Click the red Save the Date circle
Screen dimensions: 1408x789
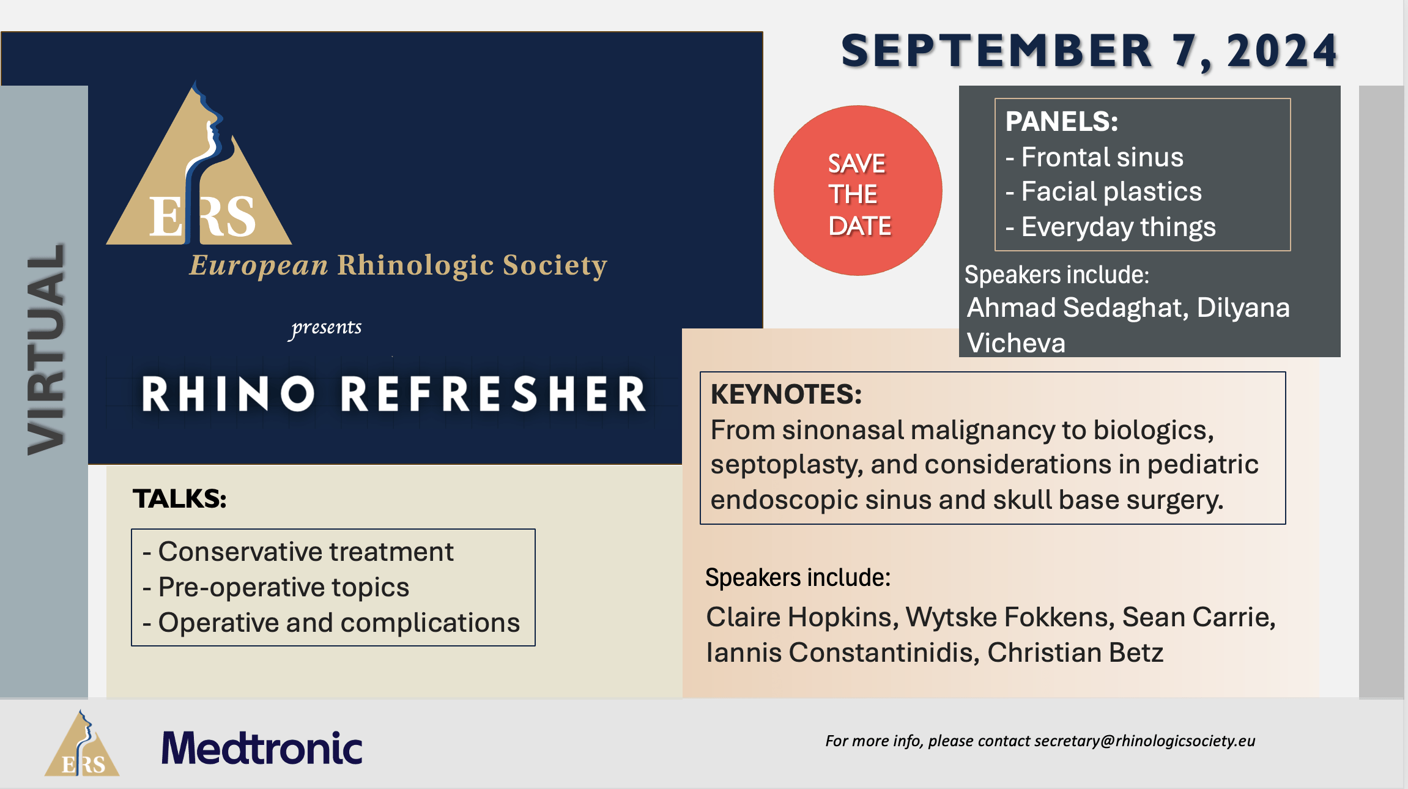coord(858,190)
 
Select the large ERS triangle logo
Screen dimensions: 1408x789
coord(199,163)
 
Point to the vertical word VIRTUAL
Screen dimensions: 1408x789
coord(46,349)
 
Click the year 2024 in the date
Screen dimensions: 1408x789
coord(1282,51)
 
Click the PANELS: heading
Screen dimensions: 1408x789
coord(1062,121)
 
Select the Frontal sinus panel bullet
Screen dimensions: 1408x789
coord(1095,157)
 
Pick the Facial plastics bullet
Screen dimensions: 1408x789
coord(1104,191)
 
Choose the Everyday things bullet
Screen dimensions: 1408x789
coord(1111,228)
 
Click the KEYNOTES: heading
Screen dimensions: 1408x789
coord(786,394)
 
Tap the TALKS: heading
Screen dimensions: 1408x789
coord(180,498)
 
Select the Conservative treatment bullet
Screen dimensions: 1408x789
coord(298,552)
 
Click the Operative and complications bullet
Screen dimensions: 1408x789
coord(331,623)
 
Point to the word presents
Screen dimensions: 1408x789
coord(326,328)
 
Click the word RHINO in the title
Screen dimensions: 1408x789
coord(229,394)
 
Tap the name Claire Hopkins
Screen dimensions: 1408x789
coord(802,617)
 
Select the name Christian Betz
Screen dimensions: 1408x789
coord(1075,653)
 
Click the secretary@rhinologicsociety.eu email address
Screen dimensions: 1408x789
coord(1144,741)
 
